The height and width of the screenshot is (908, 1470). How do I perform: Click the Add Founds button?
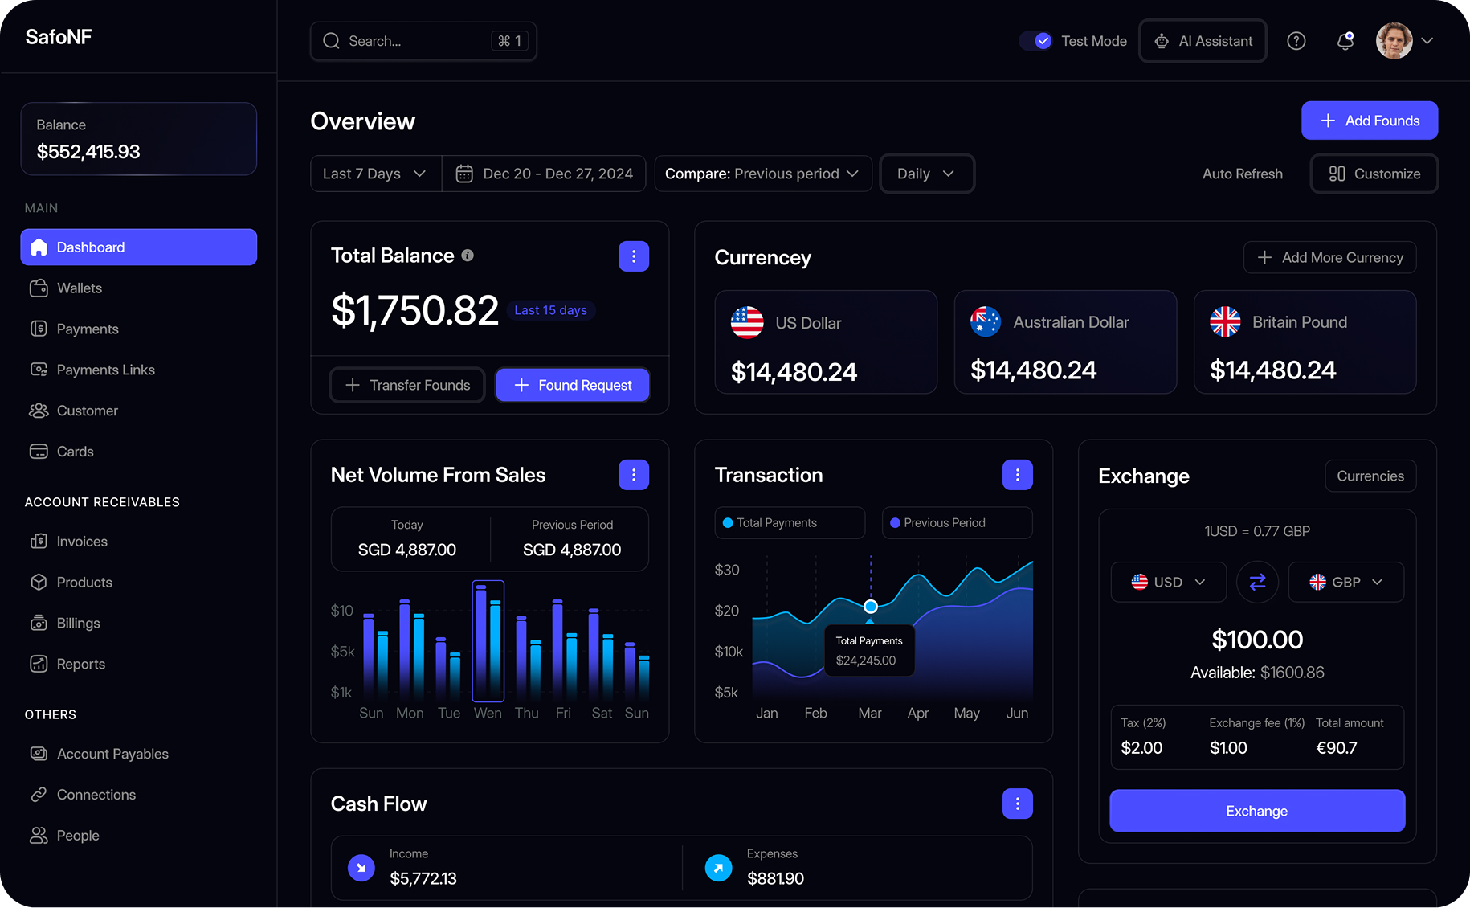[x=1369, y=121]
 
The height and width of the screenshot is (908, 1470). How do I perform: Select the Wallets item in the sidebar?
[x=79, y=288]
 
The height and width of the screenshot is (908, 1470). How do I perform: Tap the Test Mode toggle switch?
[x=1036, y=41]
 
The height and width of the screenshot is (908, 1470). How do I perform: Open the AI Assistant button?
[x=1203, y=41]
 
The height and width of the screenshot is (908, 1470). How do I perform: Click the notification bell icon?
[x=1345, y=41]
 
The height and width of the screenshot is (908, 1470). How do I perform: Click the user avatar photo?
[x=1394, y=41]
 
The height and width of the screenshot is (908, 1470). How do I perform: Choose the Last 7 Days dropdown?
[x=374, y=174]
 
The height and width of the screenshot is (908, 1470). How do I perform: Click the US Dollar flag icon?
[x=747, y=323]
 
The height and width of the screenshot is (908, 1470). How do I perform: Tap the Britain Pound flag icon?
[x=1225, y=322]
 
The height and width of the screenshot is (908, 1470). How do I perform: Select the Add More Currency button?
[x=1329, y=257]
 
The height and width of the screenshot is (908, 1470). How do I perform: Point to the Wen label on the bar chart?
[x=488, y=713]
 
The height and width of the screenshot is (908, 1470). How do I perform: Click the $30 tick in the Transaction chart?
[x=727, y=570]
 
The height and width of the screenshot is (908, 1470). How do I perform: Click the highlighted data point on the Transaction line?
[x=870, y=607]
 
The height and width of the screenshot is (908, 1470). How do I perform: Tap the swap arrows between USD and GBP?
[x=1257, y=582]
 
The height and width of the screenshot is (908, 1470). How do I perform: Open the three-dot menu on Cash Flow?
[x=1017, y=804]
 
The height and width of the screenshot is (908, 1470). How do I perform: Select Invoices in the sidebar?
[x=81, y=542]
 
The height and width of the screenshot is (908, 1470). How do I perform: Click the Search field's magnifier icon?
[x=331, y=41]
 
